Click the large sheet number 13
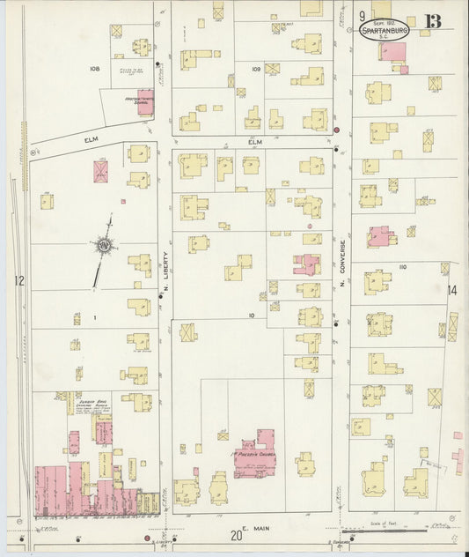click(x=433, y=20)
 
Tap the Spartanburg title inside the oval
click(x=385, y=31)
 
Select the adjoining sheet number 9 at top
click(x=362, y=16)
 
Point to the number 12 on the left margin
click(x=18, y=281)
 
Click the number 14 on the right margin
click(x=452, y=290)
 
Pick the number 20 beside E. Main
click(x=236, y=535)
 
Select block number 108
click(x=95, y=68)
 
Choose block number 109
click(x=256, y=68)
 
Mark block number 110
click(x=404, y=265)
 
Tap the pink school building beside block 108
click(x=145, y=103)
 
